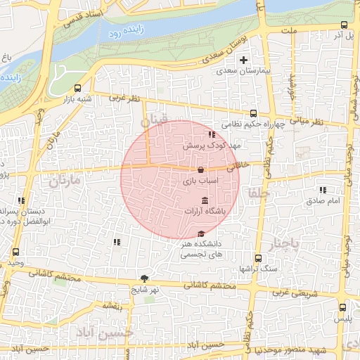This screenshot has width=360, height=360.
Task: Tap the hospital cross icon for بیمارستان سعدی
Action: tap(243, 60)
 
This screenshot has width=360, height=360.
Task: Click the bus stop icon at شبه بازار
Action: tap(77, 89)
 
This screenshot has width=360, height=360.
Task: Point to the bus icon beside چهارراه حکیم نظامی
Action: tap(254, 113)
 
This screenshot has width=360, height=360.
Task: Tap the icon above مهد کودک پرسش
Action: tap(211, 134)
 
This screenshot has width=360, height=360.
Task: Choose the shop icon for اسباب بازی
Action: tap(201, 169)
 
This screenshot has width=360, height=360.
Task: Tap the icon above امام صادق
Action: tap(323, 190)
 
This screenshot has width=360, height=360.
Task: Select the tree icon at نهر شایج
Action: tap(145, 278)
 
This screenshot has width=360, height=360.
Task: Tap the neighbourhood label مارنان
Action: tap(66, 181)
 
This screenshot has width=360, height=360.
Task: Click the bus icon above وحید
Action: tap(15, 252)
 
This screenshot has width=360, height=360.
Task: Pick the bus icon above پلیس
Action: tap(343, 307)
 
